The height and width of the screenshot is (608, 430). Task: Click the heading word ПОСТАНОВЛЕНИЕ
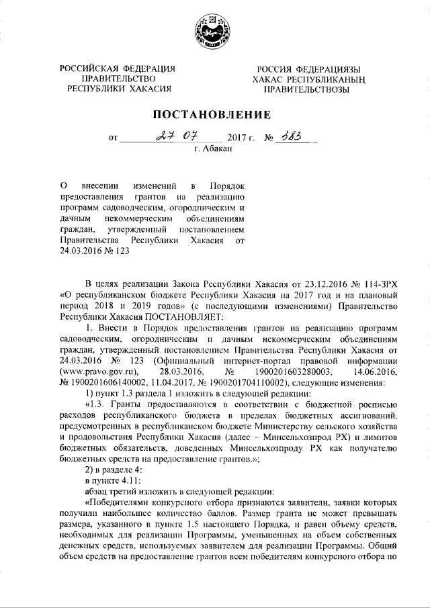tap(214, 113)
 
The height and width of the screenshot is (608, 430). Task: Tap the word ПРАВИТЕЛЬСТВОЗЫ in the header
tap(306, 89)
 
